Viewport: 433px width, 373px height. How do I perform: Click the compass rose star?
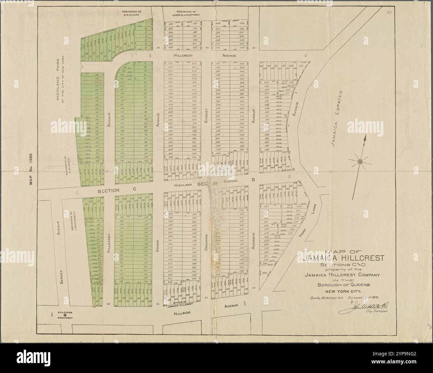tap(360, 162)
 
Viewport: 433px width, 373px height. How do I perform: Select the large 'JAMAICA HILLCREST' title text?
tap(343, 258)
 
